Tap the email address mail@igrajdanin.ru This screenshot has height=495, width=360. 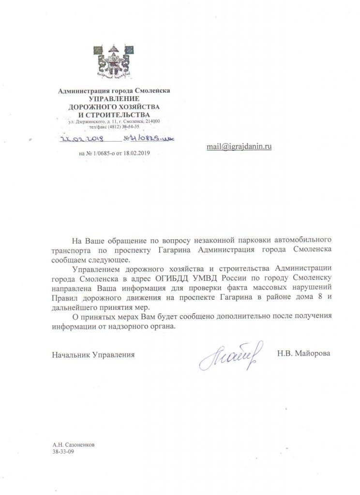(x=239, y=146)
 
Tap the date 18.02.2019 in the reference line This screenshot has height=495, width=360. (x=140, y=153)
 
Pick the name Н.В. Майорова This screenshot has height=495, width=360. (x=304, y=354)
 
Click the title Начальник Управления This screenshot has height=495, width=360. (x=93, y=354)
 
